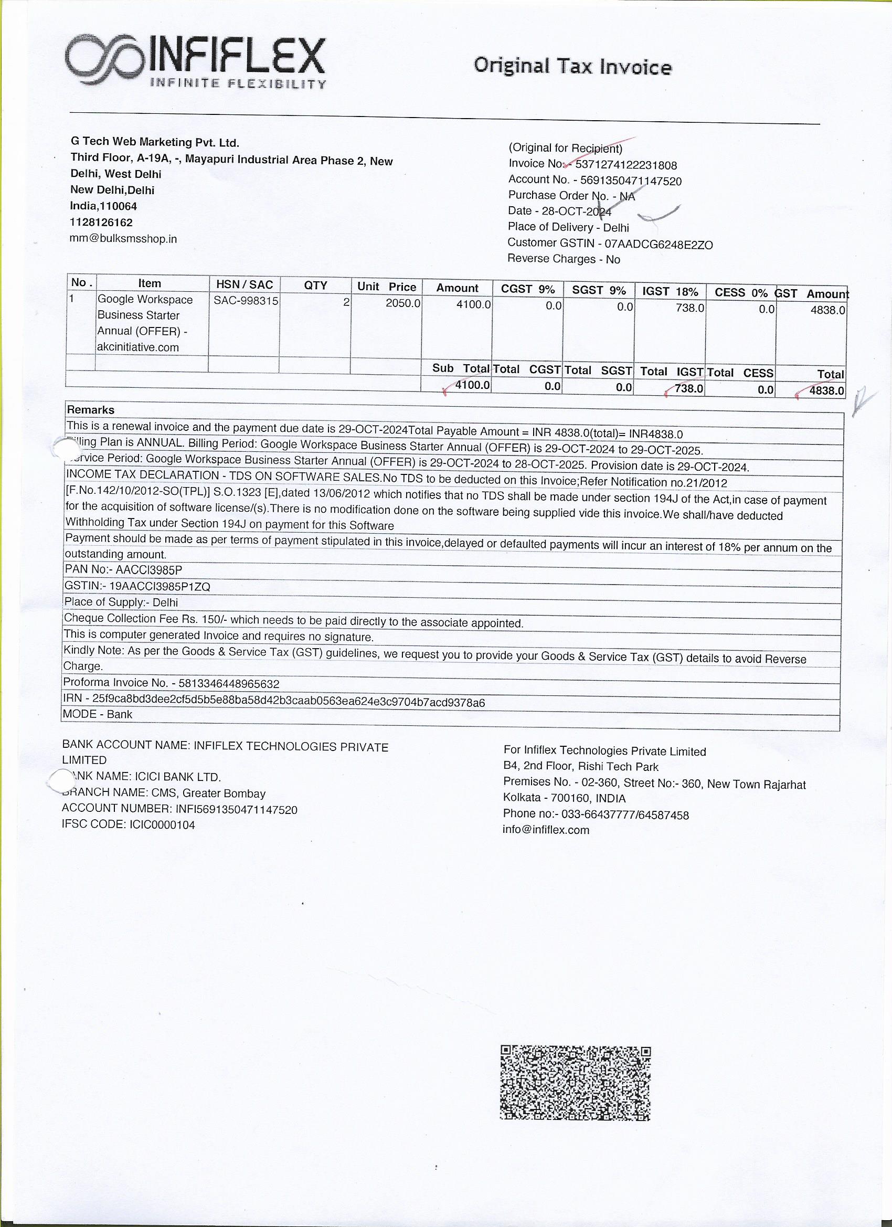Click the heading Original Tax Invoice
[x=572, y=67]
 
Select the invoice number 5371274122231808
[x=626, y=165]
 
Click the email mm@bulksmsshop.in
[x=123, y=239]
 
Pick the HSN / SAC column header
[x=244, y=284]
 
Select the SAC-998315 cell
[x=246, y=301]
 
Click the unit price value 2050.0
[x=402, y=303]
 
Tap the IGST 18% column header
[x=670, y=292]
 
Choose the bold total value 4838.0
[x=826, y=390]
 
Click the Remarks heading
[x=91, y=410]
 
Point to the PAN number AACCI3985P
[x=149, y=570]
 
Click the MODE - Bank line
[x=98, y=714]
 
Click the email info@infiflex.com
[x=546, y=830]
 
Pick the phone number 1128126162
[x=101, y=223]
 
